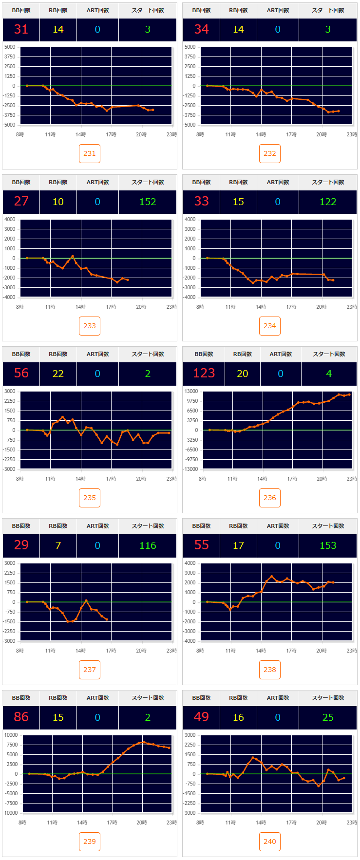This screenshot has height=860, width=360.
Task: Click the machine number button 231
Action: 90,153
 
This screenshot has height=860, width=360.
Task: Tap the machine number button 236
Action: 270,498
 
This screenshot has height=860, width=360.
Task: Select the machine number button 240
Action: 270,841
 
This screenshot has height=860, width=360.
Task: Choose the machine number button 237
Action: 90,670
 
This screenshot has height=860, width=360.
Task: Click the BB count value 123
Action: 204,374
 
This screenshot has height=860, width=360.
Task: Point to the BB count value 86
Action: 21,717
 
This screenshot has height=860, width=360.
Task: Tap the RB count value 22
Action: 58,374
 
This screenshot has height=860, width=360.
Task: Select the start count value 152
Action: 148,202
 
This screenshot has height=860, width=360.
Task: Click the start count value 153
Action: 328,545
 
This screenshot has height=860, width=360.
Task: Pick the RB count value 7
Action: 58,545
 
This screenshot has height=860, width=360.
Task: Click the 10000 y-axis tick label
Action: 11,735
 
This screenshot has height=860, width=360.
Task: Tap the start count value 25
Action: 328,717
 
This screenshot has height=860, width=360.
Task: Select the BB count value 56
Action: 21,374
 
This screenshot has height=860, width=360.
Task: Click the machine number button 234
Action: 270,326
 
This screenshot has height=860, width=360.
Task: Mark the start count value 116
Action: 148,545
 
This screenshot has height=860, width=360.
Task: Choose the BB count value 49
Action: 201,717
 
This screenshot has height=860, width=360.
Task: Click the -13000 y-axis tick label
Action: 190,469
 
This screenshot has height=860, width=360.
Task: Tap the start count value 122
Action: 328,202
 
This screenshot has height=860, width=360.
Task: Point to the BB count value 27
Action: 21,202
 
